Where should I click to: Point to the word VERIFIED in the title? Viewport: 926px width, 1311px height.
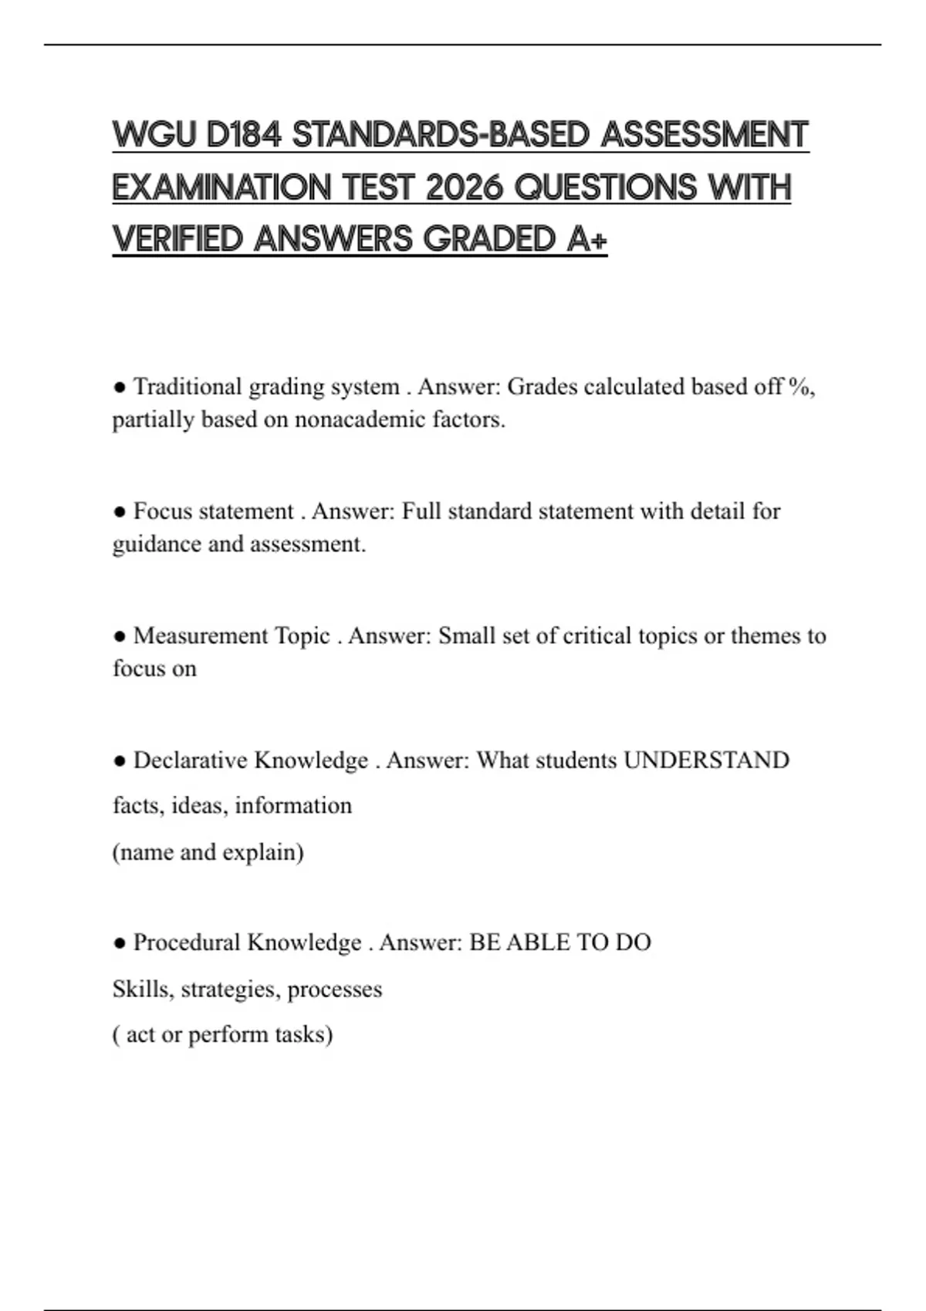pyautogui.click(x=177, y=239)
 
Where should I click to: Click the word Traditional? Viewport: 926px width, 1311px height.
pyautogui.click(x=188, y=386)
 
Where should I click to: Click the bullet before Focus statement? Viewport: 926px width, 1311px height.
pyautogui.click(x=120, y=511)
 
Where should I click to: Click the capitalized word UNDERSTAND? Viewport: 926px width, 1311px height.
pyautogui.click(x=706, y=760)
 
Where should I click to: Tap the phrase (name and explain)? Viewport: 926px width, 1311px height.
pyautogui.click(x=208, y=852)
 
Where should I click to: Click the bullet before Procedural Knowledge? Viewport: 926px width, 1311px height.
pyautogui.click(x=120, y=942)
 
